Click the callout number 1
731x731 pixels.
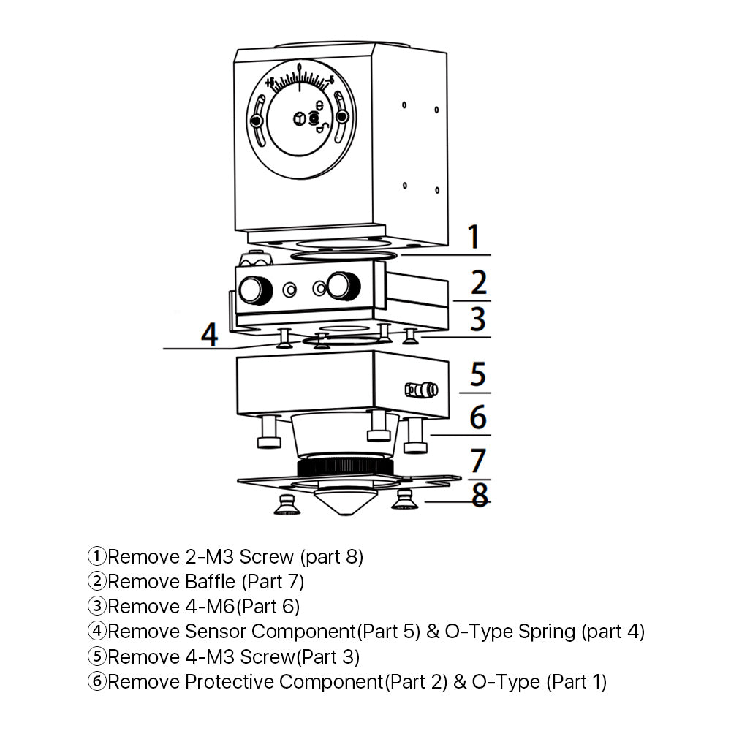[474, 238]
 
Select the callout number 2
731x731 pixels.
[479, 283]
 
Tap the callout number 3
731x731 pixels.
[477, 319]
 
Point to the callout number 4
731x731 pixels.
[210, 334]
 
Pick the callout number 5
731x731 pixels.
[477, 374]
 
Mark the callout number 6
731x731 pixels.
[477, 417]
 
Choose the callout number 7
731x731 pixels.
[478, 461]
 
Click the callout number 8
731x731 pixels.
[480, 495]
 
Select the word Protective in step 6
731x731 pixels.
[232, 682]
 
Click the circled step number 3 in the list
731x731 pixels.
[96, 606]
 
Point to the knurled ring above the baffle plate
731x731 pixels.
[344, 466]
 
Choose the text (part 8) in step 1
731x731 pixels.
[332, 556]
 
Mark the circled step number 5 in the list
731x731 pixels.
[96, 656]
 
